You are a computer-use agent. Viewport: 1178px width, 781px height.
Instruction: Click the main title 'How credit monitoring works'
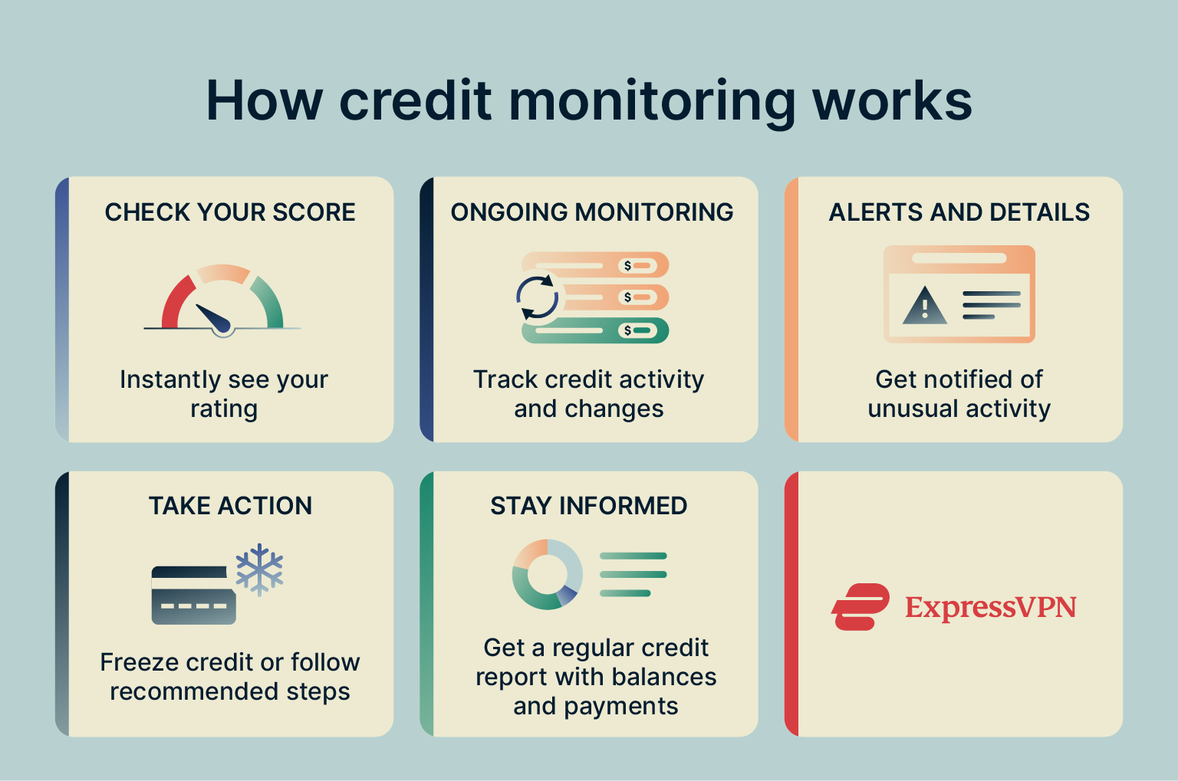(x=589, y=100)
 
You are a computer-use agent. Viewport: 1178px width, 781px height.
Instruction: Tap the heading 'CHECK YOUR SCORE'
(x=230, y=212)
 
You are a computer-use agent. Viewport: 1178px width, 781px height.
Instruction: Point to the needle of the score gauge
(x=213, y=317)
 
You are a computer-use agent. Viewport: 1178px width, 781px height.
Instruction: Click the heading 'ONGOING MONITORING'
(x=591, y=212)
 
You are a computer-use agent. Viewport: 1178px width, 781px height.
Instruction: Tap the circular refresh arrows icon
(x=537, y=297)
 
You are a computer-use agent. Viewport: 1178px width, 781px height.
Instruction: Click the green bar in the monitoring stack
(x=595, y=330)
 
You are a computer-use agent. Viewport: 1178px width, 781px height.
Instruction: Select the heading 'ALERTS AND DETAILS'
(x=959, y=212)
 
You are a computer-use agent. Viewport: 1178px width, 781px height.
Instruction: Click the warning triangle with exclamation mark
(x=925, y=307)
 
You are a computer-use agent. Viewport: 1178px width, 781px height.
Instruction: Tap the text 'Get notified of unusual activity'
(x=959, y=394)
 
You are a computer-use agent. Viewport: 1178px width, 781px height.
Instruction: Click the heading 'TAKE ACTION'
(x=230, y=506)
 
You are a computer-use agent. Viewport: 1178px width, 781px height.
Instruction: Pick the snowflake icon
(x=260, y=569)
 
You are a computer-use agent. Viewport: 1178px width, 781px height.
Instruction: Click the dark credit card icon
(x=193, y=596)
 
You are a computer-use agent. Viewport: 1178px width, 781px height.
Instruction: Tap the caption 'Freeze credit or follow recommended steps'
(x=230, y=677)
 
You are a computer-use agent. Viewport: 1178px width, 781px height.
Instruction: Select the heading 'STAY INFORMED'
(x=588, y=506)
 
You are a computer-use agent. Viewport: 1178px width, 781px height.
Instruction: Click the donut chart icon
(x=547, y=574)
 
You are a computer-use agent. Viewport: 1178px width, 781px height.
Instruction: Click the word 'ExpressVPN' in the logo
(x=991, y=607)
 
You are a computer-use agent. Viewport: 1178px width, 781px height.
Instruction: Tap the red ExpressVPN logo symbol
(x=860, y=607)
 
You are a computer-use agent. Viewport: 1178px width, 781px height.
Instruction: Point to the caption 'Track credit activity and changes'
(x=588, y=394)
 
